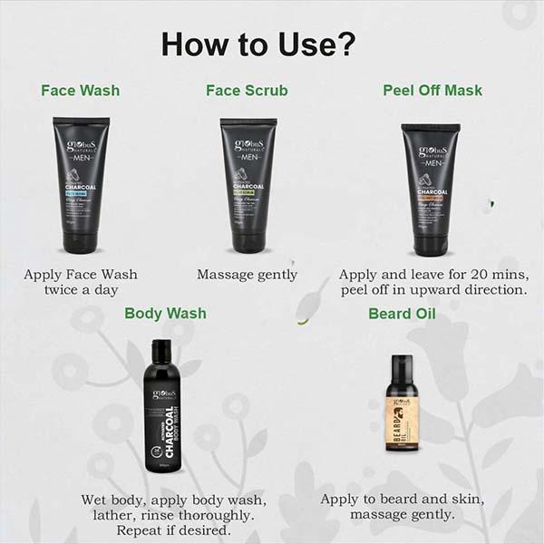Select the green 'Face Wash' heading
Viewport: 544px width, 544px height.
click(81, 91)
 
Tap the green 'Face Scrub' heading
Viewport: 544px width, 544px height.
click(247, 91)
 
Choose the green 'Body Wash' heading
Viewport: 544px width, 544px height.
click(165, 314)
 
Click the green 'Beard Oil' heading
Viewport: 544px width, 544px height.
click(402, 314)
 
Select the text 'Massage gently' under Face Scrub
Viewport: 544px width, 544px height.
click(248, 274)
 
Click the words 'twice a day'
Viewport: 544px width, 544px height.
click(81, 290)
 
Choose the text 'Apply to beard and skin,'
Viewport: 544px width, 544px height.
click(403, 500)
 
